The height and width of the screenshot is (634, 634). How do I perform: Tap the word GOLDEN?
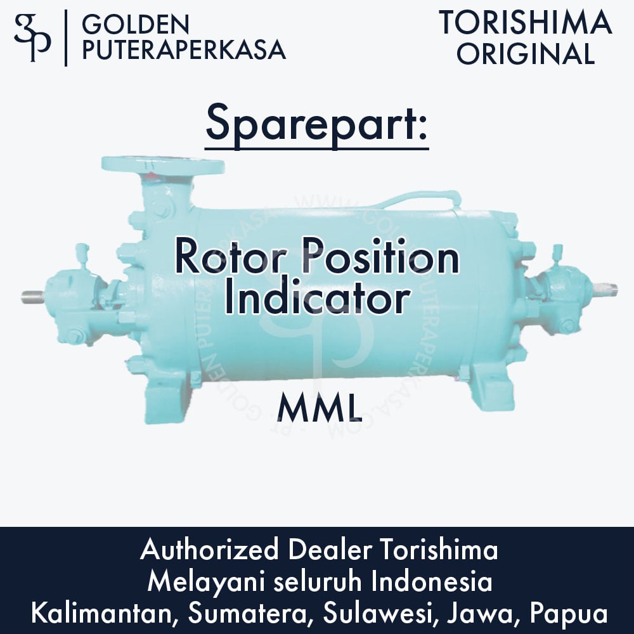(136, 25)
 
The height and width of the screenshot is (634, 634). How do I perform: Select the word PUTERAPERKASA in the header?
(184, 49)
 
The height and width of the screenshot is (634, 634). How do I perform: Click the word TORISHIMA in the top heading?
(526, 23)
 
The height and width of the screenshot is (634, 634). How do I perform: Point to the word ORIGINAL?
(526, 53)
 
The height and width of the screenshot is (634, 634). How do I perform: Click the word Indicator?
(316, 299)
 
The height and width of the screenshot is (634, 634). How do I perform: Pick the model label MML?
(319, 409)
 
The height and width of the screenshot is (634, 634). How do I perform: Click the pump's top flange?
(164, 165)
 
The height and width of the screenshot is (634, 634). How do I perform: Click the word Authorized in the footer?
(209, 550)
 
